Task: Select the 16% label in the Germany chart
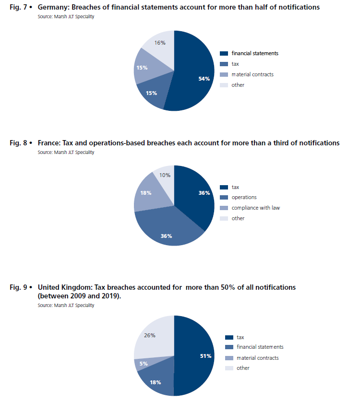click(160, 43)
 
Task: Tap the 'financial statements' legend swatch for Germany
click(224, 53)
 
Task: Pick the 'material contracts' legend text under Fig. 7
click(252, 74)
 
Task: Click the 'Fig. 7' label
click(19, 7)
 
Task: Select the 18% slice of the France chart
click(147, 194)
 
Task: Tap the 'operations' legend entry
click(244, 197)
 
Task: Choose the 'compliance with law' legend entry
click(255, 208)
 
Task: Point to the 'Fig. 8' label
click(19, 143)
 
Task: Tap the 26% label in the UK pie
click(150, 335)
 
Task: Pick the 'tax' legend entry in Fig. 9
click(240, 337)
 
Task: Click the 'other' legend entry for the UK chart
click(243, 368)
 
